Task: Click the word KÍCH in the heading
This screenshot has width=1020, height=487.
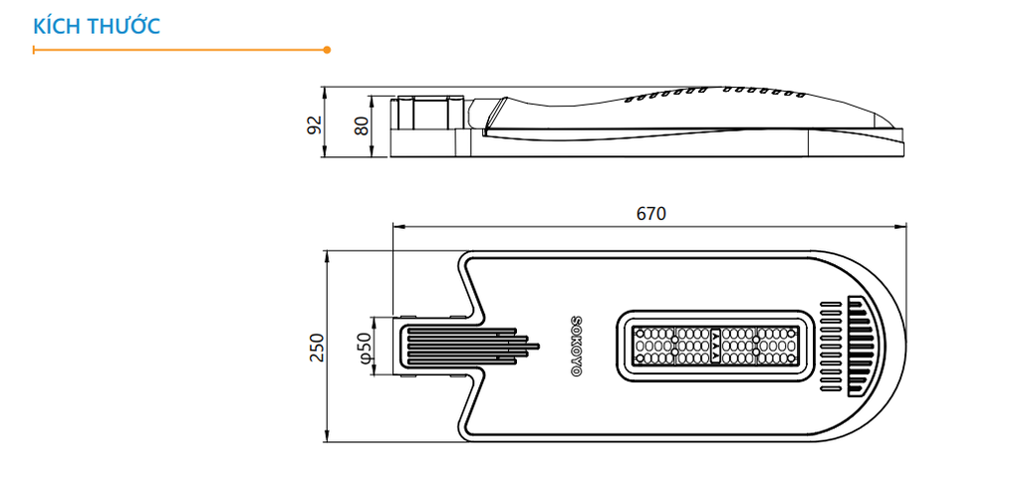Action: point(56,26)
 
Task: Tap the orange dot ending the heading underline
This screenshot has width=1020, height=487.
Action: point(327,49)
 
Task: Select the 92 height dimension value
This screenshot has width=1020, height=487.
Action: point(315,125)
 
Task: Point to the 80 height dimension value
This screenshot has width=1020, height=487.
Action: point(362,125)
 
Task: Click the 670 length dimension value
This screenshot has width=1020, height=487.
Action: point(649,214)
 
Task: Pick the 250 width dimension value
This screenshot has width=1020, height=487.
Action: point(317,346)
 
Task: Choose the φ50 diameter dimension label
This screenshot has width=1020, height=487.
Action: point(365,346)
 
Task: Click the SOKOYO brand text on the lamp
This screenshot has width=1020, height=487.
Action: point(575,346)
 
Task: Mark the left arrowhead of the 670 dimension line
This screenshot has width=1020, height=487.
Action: point(396,226)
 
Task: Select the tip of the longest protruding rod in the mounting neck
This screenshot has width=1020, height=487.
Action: point(538,346)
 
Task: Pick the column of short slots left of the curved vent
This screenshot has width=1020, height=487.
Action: point(829,346)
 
